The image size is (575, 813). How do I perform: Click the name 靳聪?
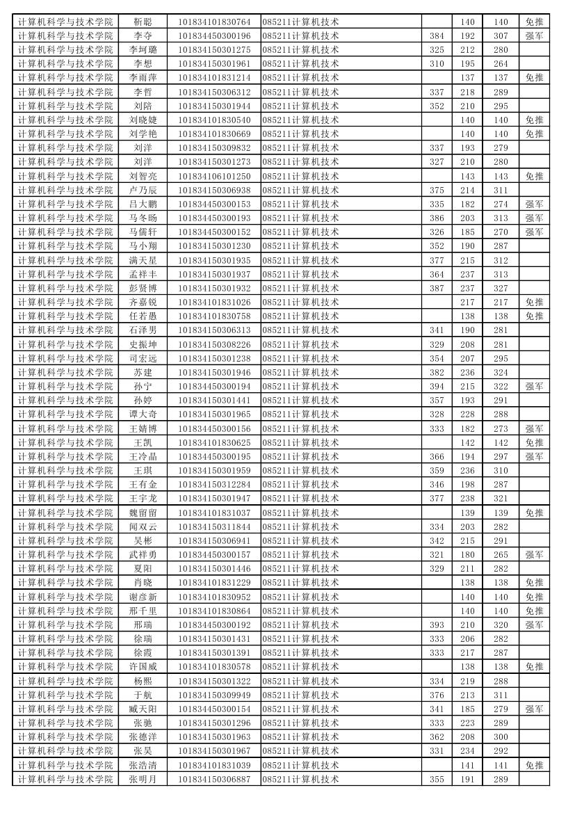[143, 22]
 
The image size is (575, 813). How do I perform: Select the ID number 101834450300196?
[214, 36]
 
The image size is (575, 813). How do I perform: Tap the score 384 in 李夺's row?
[437, 36]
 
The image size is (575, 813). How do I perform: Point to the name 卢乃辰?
[143, 191]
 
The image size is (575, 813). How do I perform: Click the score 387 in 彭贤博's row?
[437, 289]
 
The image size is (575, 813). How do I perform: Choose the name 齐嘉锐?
[143, 303]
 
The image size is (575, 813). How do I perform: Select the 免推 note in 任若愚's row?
[534, 316]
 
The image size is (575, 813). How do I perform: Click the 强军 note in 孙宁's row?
[534, 387]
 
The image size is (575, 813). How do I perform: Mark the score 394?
[437, 387]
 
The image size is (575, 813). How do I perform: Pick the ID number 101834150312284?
[214, 485]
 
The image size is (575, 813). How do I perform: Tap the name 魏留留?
[143, 513]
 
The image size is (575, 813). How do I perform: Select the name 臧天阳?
[143, 709]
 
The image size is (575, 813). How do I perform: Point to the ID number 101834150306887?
[214, 780]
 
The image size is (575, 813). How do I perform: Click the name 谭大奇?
[143, 414]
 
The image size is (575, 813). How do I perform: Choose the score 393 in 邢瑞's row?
[437, 625]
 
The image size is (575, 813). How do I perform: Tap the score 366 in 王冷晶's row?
[437, 457]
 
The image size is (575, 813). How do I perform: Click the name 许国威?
[143, 667]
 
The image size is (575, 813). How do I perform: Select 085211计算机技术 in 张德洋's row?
[301, 737]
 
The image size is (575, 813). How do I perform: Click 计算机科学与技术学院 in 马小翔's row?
[65, 246]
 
